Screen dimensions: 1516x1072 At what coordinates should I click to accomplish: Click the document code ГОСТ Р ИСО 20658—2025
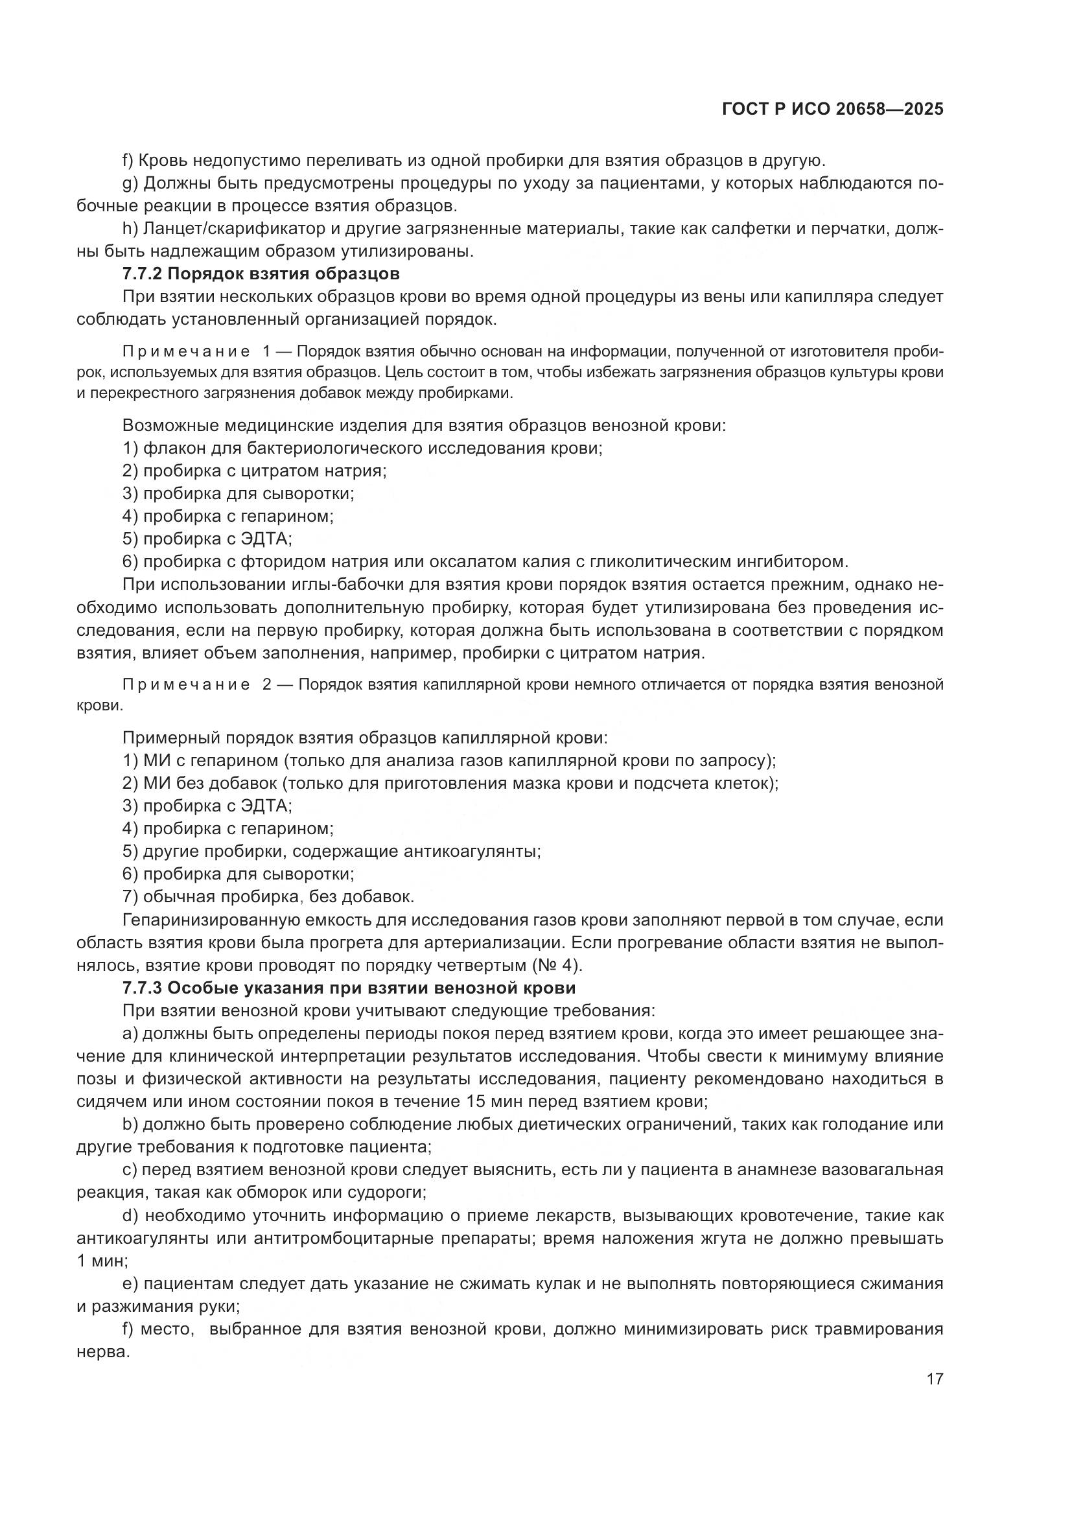pyautogui.click(x=832, y=110)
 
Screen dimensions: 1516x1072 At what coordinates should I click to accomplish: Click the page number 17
pyautogui.click(x=935, y=1379)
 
